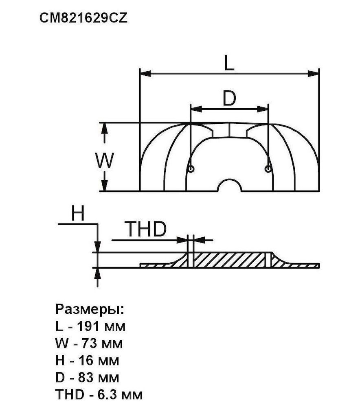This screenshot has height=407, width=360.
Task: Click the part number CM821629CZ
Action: click(x=83, y=18)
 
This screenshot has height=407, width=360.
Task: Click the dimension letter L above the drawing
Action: click(x=229, y=63)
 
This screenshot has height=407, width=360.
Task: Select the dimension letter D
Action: click(x=229, y=98)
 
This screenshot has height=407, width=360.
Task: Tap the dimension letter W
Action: click(x=104, y=161)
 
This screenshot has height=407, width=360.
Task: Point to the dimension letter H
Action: click(x=78, y=214)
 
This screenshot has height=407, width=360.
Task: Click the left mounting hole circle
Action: click(x=191, y=169)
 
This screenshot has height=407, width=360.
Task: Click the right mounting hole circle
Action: click(x=268, y=169)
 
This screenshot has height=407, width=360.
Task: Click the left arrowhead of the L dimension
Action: click(x=145, y=73)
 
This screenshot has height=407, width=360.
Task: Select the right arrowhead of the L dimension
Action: click(x=313, y=73)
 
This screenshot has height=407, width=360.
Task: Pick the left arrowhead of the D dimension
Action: click(x=196, y=109)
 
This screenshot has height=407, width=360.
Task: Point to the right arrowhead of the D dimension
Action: click(x=262, y=109)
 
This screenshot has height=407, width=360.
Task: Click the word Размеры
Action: click(x=90, y=310)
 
